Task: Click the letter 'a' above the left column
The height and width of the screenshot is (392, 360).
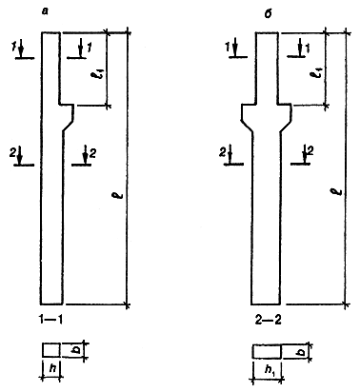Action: tap(46, 12)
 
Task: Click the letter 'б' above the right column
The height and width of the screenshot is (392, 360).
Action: tap(268, 13)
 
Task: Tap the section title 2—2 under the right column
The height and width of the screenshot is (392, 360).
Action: tap(269, 321)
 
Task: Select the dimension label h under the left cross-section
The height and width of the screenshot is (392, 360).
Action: tap(53, 368)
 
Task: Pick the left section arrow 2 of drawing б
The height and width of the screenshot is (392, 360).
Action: tap(230, 154)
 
